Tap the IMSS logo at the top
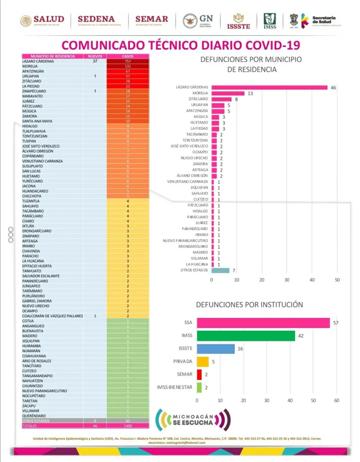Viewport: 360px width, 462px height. pos(270,21)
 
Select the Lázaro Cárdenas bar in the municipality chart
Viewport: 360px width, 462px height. pos(269,87)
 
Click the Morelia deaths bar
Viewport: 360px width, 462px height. pos(228,93)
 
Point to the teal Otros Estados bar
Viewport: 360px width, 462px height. pos(221,270)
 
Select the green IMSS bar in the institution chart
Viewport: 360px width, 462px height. pos(246,336)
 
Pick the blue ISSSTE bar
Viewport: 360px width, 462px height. pos(216,349)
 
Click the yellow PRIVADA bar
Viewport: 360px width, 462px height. pos(203,361)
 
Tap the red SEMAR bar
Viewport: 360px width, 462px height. pos(199,374)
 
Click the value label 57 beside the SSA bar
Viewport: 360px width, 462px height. pos(336,323)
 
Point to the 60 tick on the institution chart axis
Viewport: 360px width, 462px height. pos(336,400)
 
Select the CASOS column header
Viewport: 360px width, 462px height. pos(128,56)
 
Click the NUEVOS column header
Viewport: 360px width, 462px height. pos(95,56)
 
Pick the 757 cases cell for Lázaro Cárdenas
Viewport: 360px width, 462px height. pos(128,61)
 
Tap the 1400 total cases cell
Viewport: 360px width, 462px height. pos(128,426)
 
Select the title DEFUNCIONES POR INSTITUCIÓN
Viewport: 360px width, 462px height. pos(249,305)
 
